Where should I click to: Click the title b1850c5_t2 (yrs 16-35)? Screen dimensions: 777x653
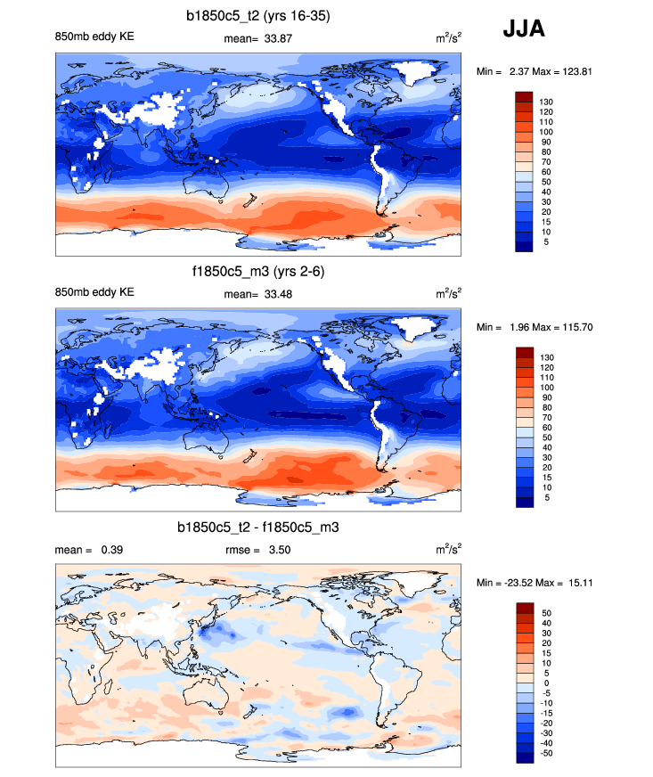tap(257, 15)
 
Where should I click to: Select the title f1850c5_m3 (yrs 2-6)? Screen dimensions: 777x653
tap(257, 272)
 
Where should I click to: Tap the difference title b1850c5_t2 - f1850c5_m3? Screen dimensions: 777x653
tap(257, 528)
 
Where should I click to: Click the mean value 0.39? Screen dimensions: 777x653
tap(110, 550)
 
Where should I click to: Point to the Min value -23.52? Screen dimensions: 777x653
tap(517, 583)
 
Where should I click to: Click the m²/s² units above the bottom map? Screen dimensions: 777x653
tap(448, 550)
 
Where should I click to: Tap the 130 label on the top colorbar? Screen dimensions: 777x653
tap(546, 102)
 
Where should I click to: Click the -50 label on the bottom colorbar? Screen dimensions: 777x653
tap(546, 753)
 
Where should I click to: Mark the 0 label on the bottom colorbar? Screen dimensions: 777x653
tap(543, 683)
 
